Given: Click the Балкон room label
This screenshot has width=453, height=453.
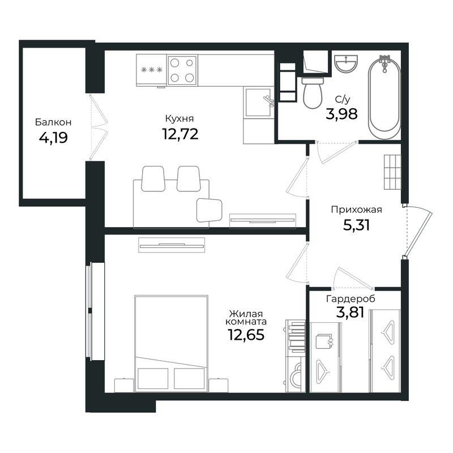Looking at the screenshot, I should [53, 122].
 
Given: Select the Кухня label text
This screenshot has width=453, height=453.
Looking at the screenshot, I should [180, 118].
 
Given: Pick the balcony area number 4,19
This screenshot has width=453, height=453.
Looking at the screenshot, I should [53, 138].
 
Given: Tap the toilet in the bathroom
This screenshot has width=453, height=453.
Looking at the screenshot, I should [312, 93].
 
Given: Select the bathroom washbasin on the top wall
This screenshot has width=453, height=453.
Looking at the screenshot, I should [345, 63].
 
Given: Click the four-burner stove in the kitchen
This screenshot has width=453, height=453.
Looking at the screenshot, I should [182, 70].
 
